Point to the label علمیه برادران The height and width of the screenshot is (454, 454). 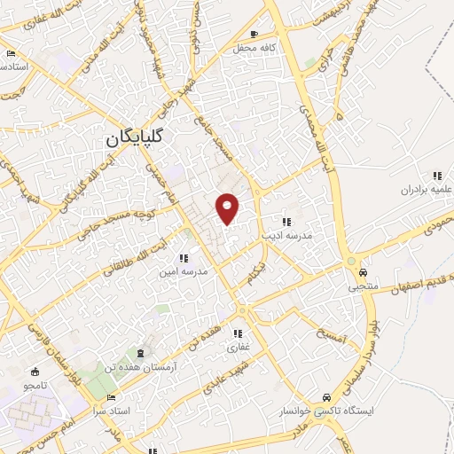click(x=419, y=189)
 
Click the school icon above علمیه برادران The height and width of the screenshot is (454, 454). click(x=436, y=176)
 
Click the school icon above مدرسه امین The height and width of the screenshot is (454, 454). click(x=184, y=257)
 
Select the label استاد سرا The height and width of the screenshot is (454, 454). click(x=111, y=411)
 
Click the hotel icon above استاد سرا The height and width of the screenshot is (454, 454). click(x=110, y=398)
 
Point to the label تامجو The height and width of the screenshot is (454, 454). click(x=35, y=387)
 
